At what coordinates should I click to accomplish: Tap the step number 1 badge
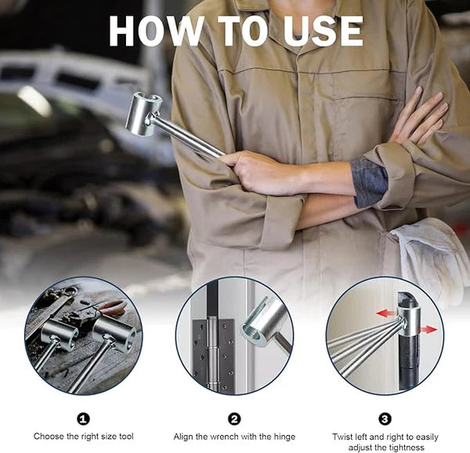[x=84, y=419]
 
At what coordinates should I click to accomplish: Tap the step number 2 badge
[x=234, y=419]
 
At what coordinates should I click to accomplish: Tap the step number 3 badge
[x=385, y=419]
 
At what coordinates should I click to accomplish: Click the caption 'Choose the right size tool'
[x=84, y=436]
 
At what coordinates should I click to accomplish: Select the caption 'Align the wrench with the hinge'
[x=234, y=436]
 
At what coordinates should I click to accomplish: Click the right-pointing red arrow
[x=427, y=329]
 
